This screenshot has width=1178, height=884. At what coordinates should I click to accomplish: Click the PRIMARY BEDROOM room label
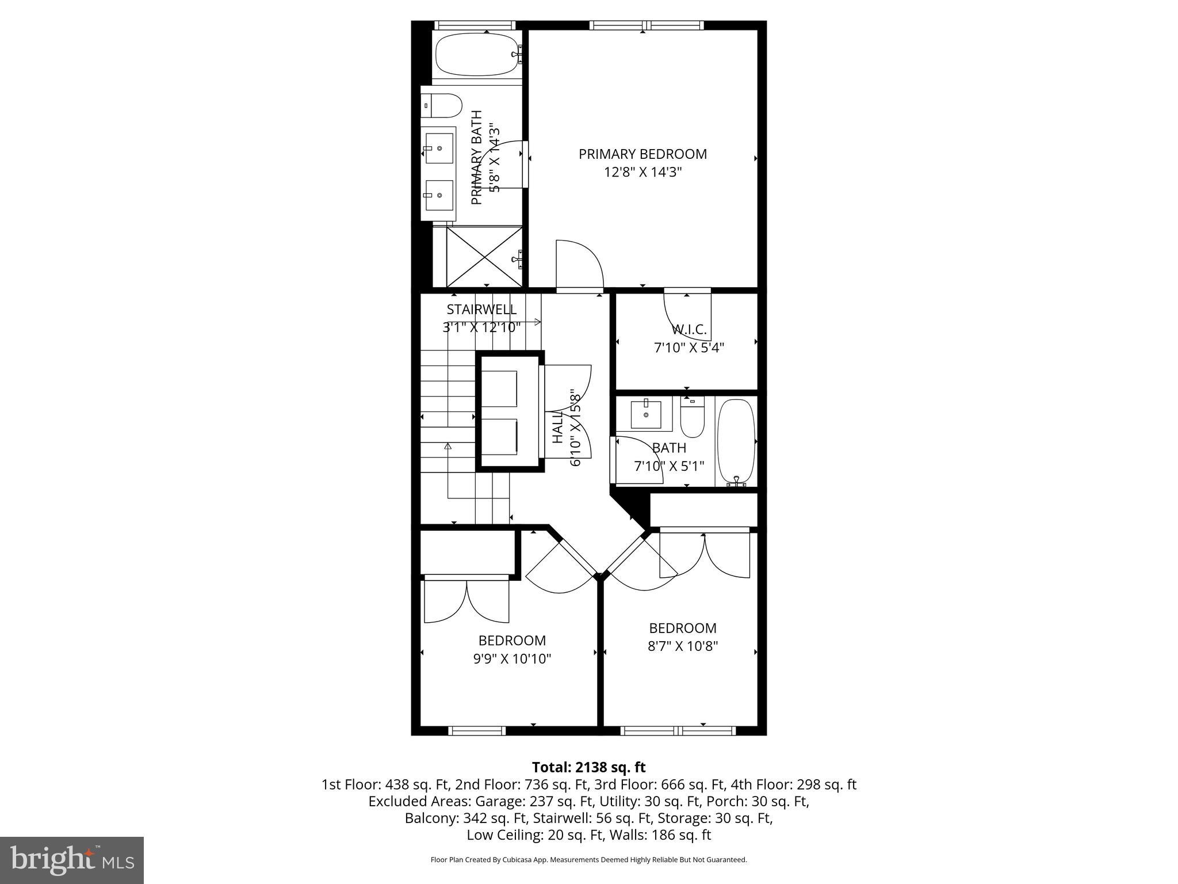(x=642, y=154)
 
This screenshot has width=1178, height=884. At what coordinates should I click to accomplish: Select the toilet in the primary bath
(x=442, y=106)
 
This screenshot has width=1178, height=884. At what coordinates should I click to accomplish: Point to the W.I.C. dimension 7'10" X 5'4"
(x=689, y=348)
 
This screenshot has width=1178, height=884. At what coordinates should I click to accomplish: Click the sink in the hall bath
(x=645, y=414)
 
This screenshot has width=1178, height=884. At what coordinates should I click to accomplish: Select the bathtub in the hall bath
(x=736, y=441)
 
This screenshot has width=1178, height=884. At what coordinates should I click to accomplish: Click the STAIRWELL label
(x=481, y=310)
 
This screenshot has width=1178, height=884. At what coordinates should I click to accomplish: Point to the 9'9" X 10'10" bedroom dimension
(x=512, y=659)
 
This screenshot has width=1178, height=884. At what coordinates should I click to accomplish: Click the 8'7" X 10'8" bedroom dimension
(x=683, y=646)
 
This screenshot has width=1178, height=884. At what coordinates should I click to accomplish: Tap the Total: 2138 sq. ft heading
(x=588, y=767)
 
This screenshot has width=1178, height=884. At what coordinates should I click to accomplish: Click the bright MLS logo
(x=71, y=860)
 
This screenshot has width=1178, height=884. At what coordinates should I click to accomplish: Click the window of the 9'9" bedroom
(x=477, y=731)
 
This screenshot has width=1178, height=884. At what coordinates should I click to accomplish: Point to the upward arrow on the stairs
(x=448, y=446)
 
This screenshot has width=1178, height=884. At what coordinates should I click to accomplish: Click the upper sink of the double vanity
(x=439, y=148)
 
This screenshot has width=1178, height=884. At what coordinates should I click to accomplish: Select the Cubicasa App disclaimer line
(x=588, y=860)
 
